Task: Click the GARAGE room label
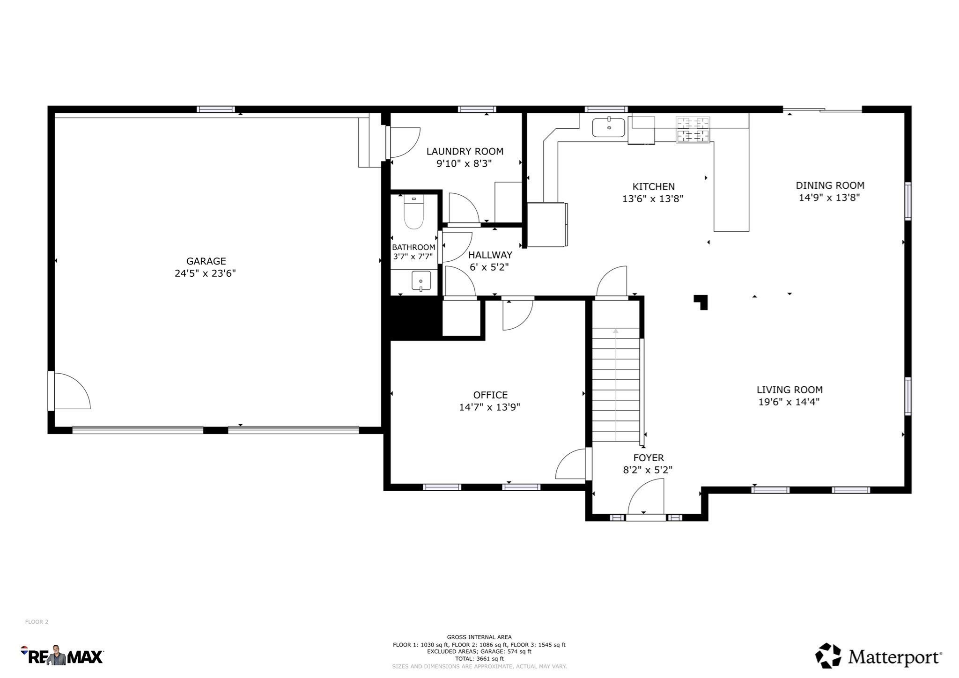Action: pyautogui.click(x=206, y=261)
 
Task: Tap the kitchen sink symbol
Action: pyautogui.click(x=608, y=127)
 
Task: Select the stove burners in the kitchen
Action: pyautogui.click(x=693, y=130)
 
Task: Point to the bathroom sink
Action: pyautogui.click(x=421, y=281)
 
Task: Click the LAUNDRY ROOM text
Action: pyautogui.click(x=465, y=151)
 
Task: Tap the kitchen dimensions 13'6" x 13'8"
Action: pyautogui.click(x=653, y=199)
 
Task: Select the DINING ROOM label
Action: pyautogui.click(x=830, y=185)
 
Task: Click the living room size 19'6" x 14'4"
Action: pyautogui.click(x=789, y=402)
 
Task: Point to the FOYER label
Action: pyautogui.click(x=649, y=458)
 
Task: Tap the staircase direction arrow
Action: pyautogui.click(x=616, y=332)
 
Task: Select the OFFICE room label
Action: pyautogui.click(x=490, y=395)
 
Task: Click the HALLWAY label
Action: pyautogui.click(x=490, y=255)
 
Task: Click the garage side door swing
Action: pyautogui.click(x=71, y=391)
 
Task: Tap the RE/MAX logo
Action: pyautogui.click(x=62, y=656)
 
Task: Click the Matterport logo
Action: pyautogui.click(x=878, y=656)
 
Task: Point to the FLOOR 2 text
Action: pyautogui.click(x=37, y=622)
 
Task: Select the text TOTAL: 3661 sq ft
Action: pyautogui.click(x=479, y=658)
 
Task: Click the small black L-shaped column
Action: pyautogui.click(x=701, y=301)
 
